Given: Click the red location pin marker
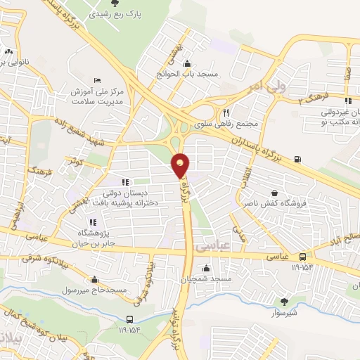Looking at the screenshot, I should (x=181, y=165).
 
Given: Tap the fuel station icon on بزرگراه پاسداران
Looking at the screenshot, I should (x=297, y=158).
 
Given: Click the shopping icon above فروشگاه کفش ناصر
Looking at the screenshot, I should (x=274, y=192).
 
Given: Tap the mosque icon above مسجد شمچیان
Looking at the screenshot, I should (x=205, y=268).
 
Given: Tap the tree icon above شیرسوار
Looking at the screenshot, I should (x=284, y=300).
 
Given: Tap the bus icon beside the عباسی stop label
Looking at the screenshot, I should (x=302, y=257).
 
